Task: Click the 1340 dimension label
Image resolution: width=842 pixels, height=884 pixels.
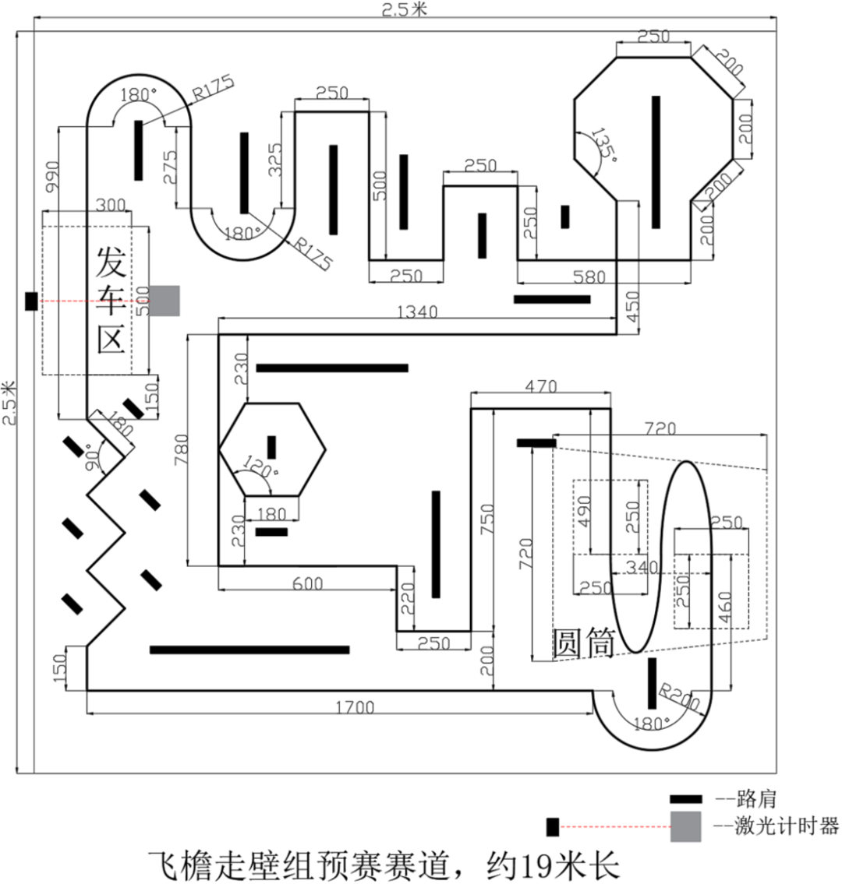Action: (417, 312)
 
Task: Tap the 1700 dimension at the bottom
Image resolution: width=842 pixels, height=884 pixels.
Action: (355, 707)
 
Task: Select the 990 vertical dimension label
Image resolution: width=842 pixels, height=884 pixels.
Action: (51, 177)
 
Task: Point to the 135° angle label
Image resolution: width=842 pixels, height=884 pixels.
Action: (603, 144)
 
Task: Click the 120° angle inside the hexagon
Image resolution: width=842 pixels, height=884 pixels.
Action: (260, 467)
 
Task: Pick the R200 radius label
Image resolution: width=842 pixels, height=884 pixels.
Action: (680, 697)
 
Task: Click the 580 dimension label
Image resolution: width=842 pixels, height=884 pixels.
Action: (589, 276)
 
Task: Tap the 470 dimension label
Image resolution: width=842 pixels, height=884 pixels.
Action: (540, 386)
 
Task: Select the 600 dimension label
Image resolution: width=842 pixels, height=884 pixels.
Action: (308, 583)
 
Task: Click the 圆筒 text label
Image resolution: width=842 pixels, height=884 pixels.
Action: (583, 643)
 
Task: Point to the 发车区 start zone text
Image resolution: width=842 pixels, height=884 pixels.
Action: (111, 299)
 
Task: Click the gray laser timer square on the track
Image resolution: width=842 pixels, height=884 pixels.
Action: (165, 301)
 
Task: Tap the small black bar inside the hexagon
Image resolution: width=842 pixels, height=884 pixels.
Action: (271, 447)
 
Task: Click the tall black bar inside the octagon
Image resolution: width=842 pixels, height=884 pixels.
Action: (656, 162)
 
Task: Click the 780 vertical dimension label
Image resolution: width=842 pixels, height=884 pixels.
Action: (181, 449)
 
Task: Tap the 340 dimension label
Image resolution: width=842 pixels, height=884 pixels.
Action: (642, 566)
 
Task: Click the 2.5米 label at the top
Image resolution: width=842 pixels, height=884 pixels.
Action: (405, 9)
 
